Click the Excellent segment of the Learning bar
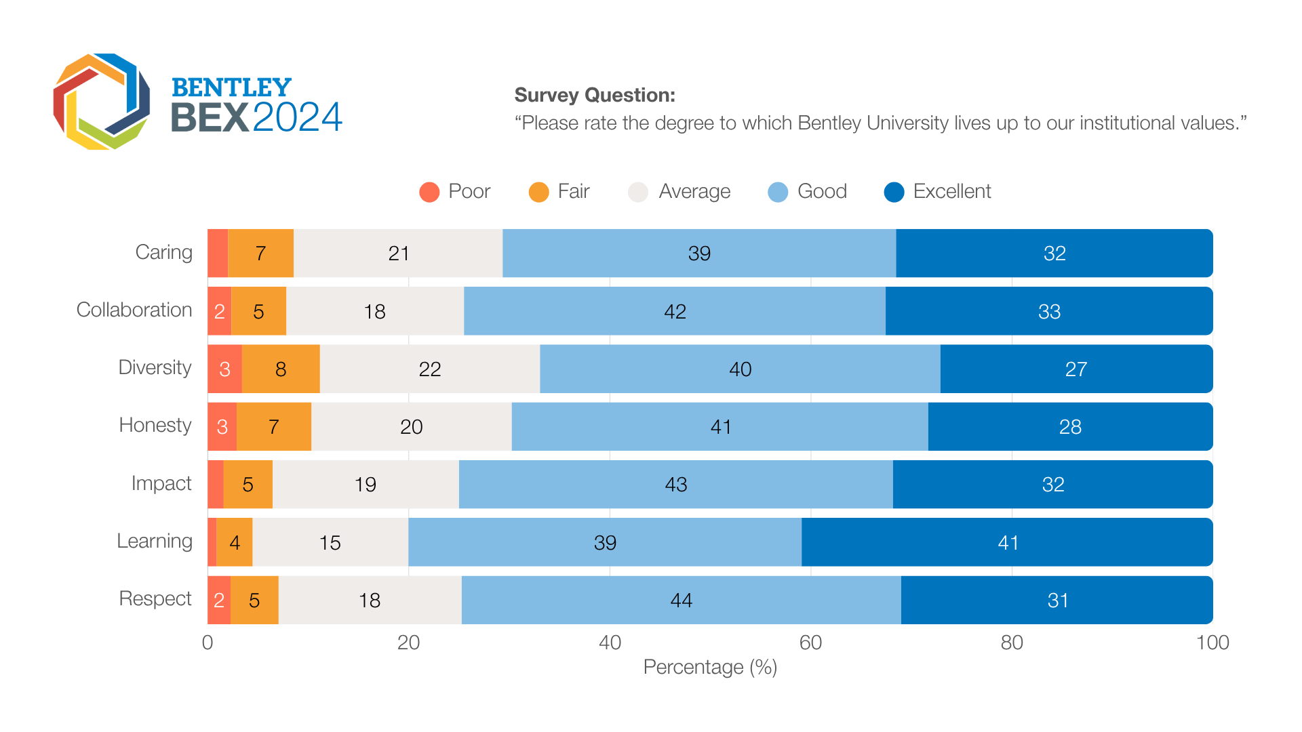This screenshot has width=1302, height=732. click(x=1007, y=542)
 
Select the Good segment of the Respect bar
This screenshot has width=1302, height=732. click(x=681, y=600)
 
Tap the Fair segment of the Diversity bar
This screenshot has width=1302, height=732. click(x=281, y=369)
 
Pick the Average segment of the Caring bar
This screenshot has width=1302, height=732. click(x=398, y=253)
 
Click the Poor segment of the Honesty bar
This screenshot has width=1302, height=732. click(x=222, y=426)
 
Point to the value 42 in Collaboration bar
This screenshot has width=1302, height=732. click(x=675, y=311)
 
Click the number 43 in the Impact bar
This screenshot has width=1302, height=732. click(x=676, y=485)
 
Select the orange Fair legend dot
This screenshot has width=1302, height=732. click(x=538, y=192)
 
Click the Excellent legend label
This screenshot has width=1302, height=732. click(x=951, y=191)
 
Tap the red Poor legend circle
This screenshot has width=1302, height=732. click(x=429, y=192)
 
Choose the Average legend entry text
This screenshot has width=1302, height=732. click(x=694, y=191)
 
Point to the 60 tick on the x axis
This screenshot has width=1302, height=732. click(x=810, y=643)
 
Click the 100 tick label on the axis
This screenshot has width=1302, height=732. click(x=1212, y=643)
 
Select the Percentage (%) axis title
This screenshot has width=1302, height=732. click(x=710, y=668)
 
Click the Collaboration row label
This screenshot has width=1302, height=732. click(x=134, y=310)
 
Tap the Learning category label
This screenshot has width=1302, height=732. click(x=155, y=541)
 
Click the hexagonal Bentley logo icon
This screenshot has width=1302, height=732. click(x=102, y=102)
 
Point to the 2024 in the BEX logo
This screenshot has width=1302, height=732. click(x=298, y=117)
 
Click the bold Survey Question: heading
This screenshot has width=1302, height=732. click(x=595, y=95)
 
